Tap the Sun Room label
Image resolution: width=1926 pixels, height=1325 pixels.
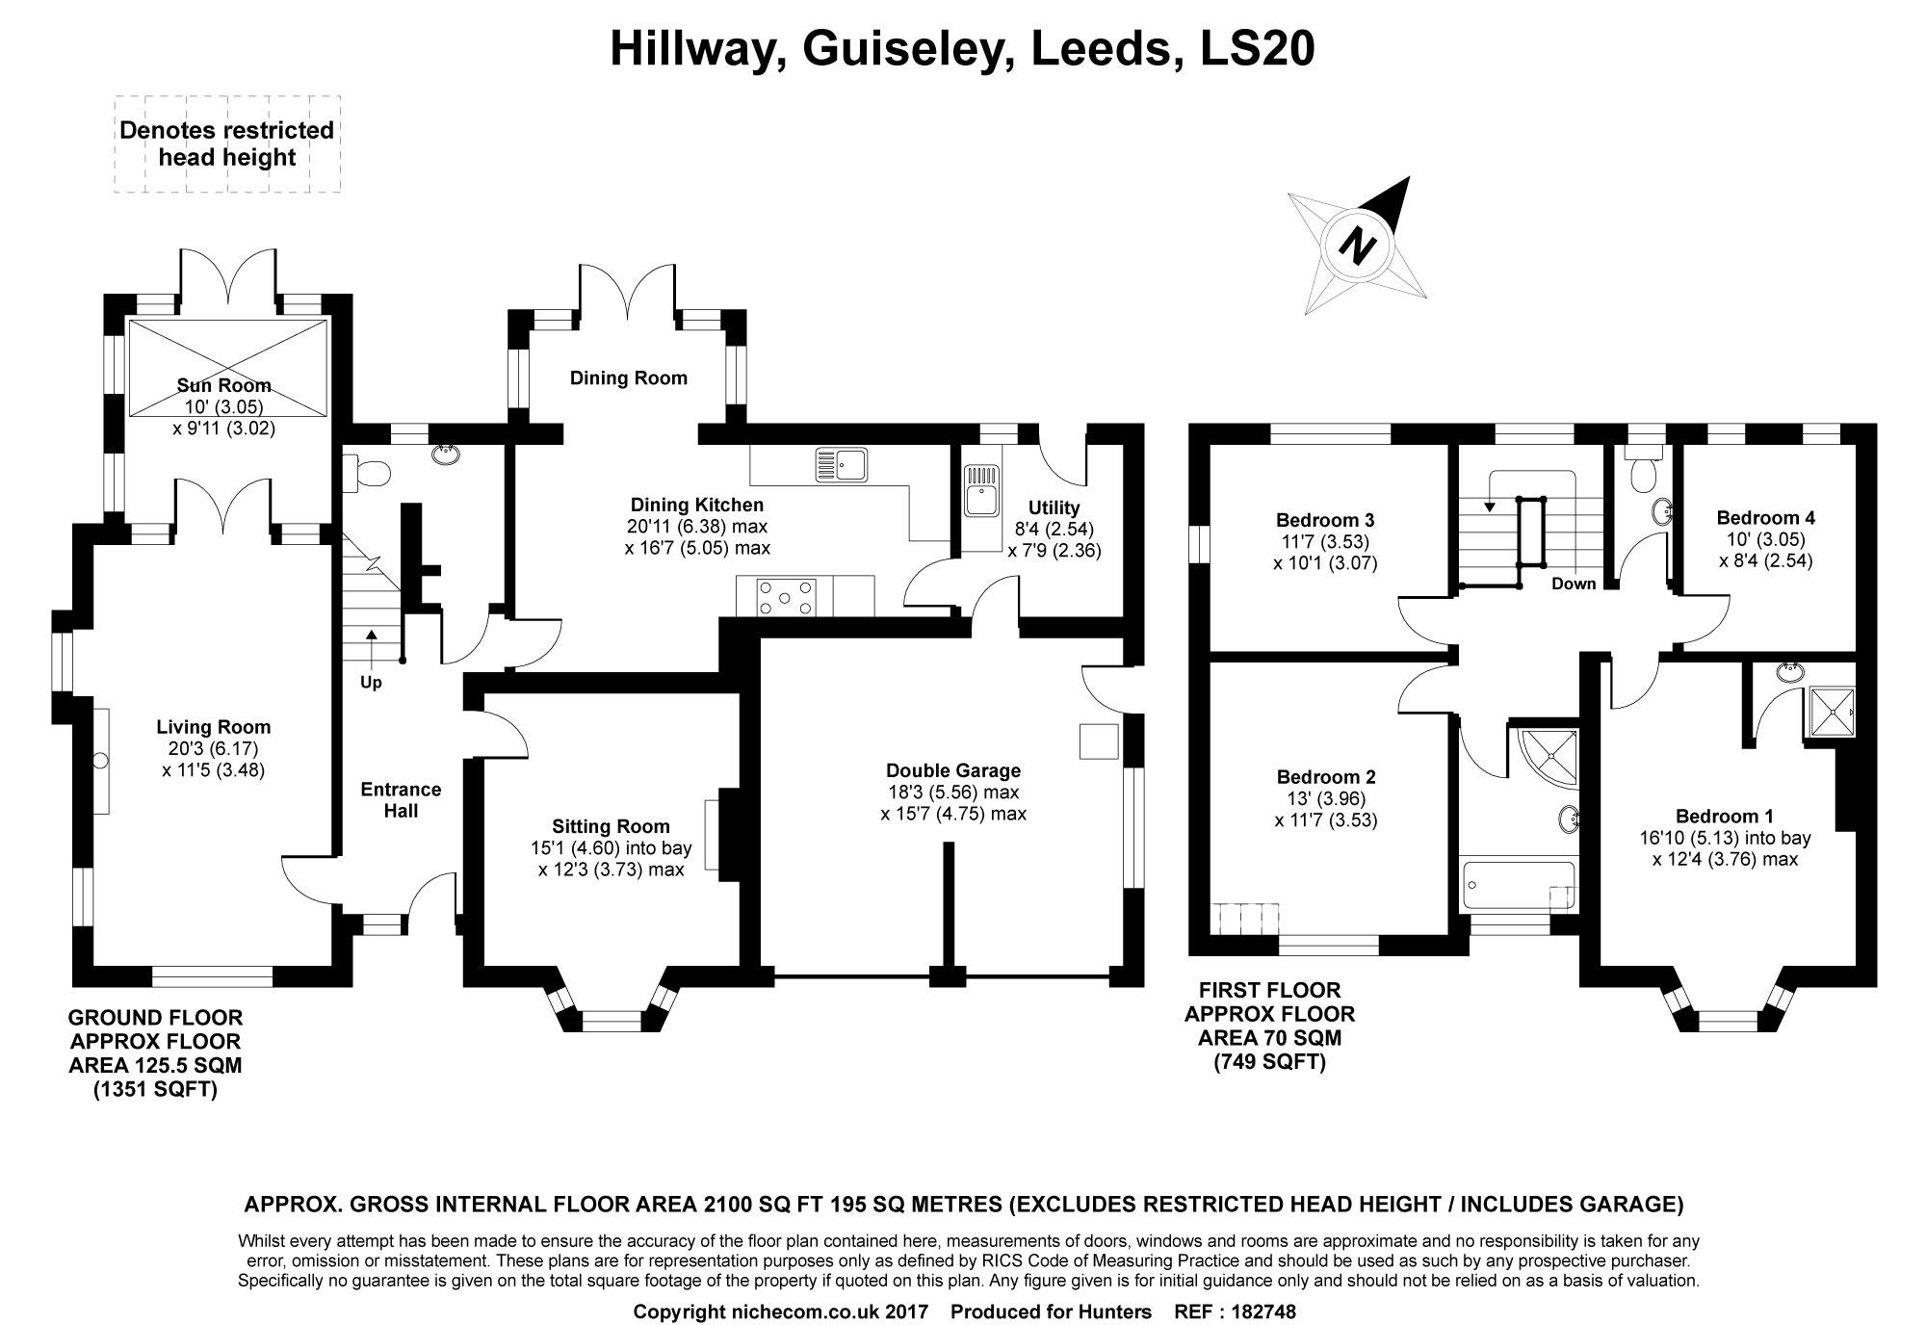click(x=223, y=385)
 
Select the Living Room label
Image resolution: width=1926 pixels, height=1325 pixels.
click(x=214, y=727)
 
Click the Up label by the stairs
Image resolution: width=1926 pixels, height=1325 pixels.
click(x=371, y=683)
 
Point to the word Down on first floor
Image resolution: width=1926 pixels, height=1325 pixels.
click(x=1574, y=584)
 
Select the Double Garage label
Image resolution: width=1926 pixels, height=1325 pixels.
click(x=953, y=770)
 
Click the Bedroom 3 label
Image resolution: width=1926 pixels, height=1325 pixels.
click(x=1325, y=520)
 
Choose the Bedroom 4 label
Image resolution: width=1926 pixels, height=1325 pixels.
click(x=1766, y=517)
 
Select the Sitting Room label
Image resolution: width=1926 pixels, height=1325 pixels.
click(x=611, y=826)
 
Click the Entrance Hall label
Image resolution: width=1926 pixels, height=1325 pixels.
click(x=402, y=800)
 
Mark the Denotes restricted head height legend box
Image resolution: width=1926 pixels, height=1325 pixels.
click(x=227, y=144)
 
